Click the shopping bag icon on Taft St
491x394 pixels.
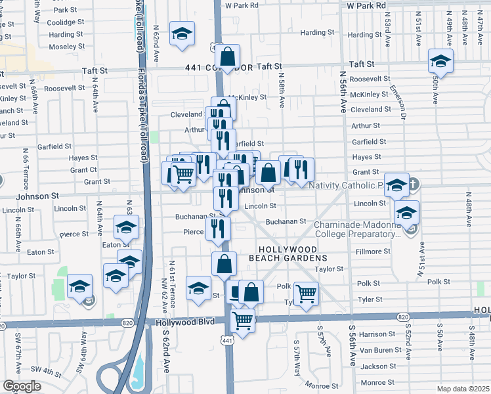coord(227,57)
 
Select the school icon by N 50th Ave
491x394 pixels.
coord(440,62)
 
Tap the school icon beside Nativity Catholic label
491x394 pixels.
coord(396,186)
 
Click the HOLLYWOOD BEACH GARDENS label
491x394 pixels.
coord(288,254)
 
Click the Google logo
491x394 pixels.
coord(22,386)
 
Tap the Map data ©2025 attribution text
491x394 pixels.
coord(463,389)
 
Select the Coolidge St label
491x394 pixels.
coord(66,22)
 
